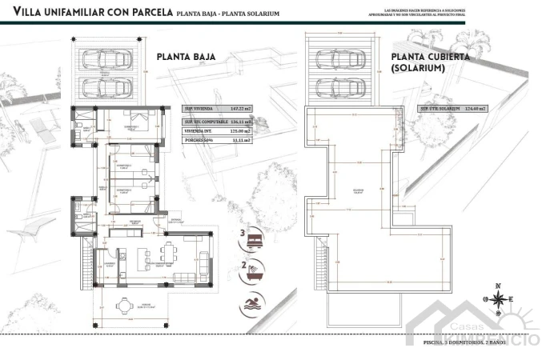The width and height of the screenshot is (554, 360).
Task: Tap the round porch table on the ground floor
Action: click(122, 307)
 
